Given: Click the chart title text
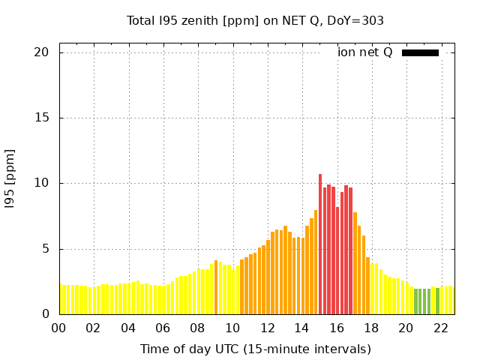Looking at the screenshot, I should pos(255,20).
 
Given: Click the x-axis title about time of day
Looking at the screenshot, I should pos(255,349).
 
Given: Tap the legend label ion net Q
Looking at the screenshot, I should pos(364,52).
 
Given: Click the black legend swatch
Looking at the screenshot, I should pos(420,52).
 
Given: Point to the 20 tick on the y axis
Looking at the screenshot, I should pos(41,52).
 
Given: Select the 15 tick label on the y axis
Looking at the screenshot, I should pos(41,118).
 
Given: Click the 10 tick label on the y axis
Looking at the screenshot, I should pos(41,183).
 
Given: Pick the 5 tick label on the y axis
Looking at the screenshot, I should pos(45,249).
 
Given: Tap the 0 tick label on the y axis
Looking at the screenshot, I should pos(45,314).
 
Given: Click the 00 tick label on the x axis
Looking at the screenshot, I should pos(59,328).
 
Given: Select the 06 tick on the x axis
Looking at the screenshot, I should pos(163,328).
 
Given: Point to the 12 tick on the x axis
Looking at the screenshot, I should pos(268,328).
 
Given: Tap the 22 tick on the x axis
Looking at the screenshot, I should pos(442,328).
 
